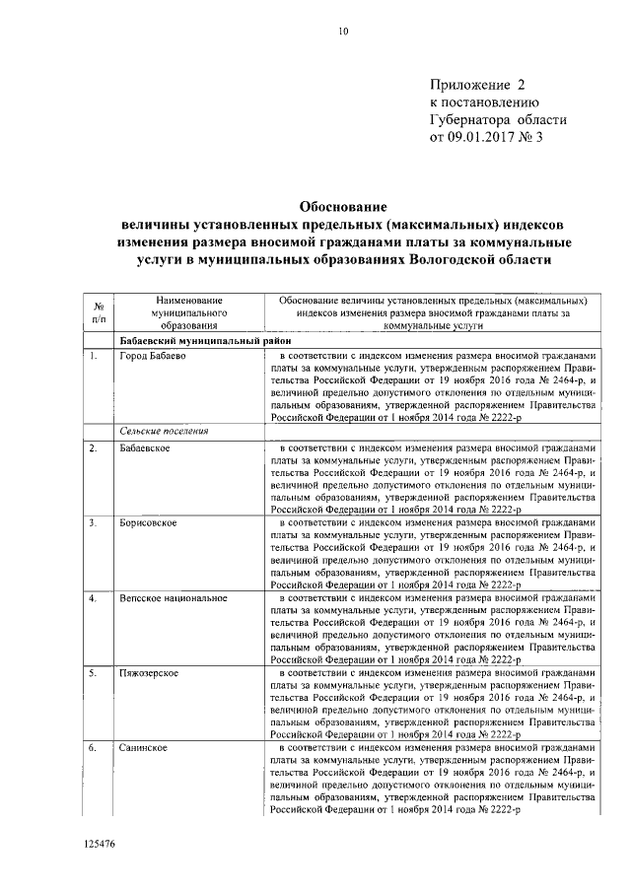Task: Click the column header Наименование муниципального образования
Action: pyautogui.click(x=183, y=311)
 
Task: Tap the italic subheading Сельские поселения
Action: pyautogui.click(x=164, y=432)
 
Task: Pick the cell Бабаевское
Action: pyautogui.click(x=146, y=449)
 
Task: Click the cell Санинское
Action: pyautogui.click(x=144, y=748)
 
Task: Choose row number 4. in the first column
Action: pyautogui.click(x=92, y=598)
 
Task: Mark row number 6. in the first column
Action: pyautogui.click(x=92, y=748)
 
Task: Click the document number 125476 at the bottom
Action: pyautogui.click(x=100, y=845)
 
